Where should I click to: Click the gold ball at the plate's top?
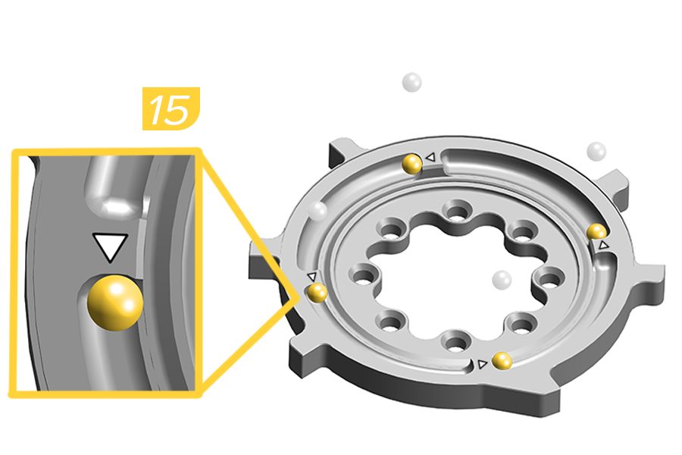pos(412,163)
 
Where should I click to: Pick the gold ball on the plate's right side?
pos(597,231)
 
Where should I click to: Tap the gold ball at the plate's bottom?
pos(501,361)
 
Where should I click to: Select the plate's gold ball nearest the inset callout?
pos(316,292)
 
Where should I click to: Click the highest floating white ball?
pos(411,81)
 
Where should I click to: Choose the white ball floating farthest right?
pos(597,151)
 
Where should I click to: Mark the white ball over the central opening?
pos(501,280)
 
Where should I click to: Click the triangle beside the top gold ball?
pos(429,157)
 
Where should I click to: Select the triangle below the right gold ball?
pos(603,246)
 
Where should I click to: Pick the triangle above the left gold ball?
pos(312,277)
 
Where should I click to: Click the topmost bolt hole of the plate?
pos(455,209)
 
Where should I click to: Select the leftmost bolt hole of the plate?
pos(358,275)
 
